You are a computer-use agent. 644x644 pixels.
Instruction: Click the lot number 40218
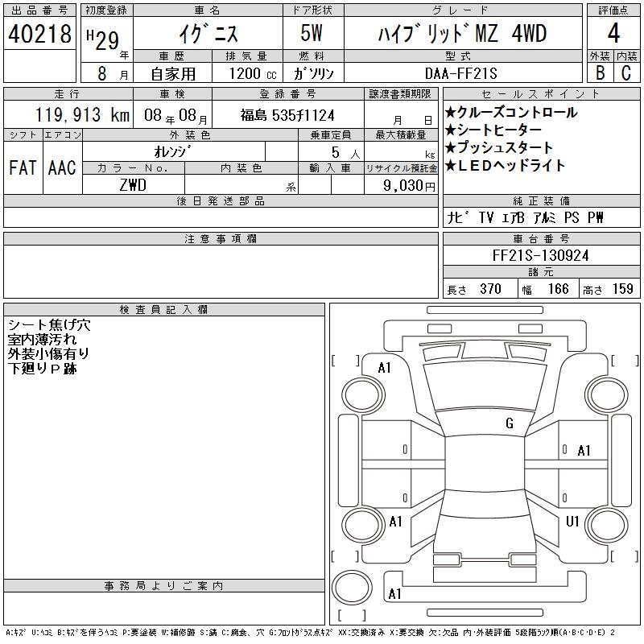point(39,34)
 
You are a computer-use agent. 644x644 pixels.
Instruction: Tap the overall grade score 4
point(613,33)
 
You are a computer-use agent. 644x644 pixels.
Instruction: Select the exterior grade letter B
point(600,72)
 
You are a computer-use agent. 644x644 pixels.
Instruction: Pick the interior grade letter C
point(626,72)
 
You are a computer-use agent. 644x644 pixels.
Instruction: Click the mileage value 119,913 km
point(83,115)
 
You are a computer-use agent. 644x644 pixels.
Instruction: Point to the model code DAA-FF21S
point(460,73)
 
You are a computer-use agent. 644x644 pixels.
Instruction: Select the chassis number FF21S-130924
point(540,255)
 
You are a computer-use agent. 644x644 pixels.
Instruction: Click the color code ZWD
point(133,185)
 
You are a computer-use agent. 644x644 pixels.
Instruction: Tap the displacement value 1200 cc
point(253,73)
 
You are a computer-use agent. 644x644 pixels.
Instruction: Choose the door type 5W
point(312,33)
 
